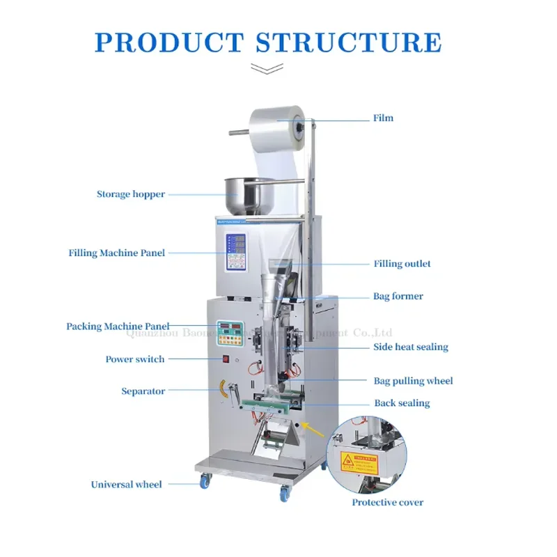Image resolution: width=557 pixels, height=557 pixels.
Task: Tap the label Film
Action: click(x=383, y=118)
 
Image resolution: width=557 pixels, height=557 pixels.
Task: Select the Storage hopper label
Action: click(x=131, y=194)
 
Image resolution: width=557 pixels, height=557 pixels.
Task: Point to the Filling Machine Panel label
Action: click(x=117, y=253)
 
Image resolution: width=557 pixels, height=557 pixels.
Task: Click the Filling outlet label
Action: click(x=402, y=264)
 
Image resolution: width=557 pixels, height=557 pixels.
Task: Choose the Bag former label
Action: click(x=398, y=297)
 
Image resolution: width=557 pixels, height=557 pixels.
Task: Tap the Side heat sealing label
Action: click(x=411, y=347)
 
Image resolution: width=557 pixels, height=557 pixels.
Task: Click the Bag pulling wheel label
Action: click(x=414, y=381)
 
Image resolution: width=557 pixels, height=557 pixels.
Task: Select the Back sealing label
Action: click(x=402, y=403)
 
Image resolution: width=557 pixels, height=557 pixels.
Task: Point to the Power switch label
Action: click(x=135, y=359)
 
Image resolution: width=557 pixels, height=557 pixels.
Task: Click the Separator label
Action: click(x=143, y=391)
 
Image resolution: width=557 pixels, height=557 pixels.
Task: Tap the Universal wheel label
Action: click(x=127, y=485)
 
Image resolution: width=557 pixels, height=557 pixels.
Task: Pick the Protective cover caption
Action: click(x=387, y=502)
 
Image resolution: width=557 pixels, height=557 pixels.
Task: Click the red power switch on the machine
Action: click(x=224, y=359)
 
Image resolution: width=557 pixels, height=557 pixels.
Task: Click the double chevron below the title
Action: click(x=267, y=69)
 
